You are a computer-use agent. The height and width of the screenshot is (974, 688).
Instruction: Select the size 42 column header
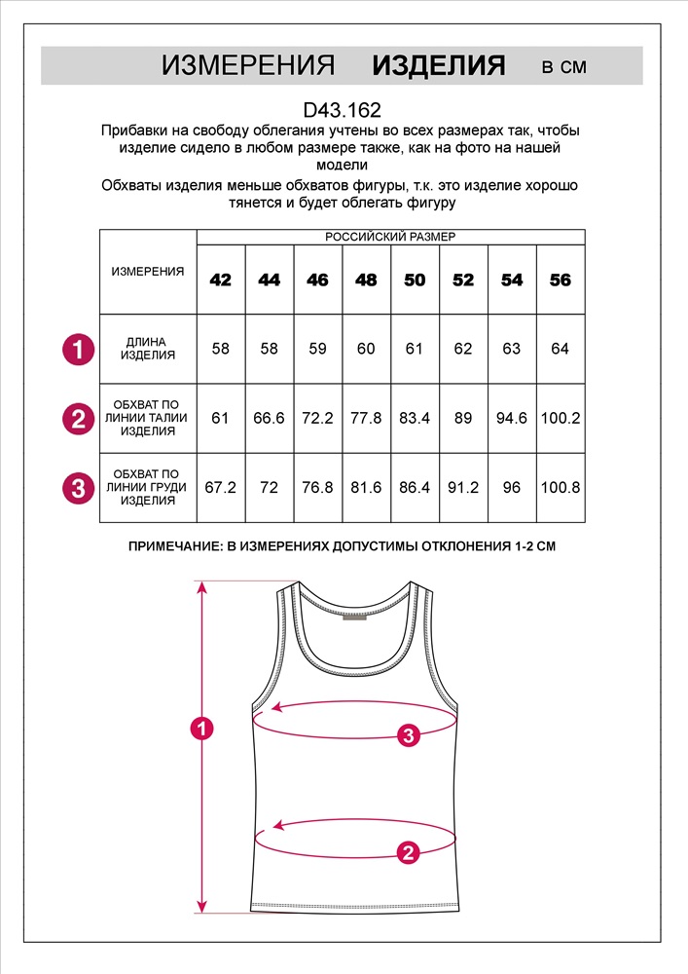221,281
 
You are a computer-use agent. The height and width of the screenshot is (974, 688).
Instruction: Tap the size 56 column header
561,281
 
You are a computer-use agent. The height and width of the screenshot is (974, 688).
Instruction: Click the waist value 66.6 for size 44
270,418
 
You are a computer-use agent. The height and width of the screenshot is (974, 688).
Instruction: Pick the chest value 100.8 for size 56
561,487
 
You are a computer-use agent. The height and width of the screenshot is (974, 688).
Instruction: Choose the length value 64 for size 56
561,349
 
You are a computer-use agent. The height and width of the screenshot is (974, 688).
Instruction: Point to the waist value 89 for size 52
463,418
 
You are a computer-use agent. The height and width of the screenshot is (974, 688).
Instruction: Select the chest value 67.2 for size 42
221,487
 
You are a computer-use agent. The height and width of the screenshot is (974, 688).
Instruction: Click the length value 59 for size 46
317,349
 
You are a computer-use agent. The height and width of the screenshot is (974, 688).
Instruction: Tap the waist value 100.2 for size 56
561,418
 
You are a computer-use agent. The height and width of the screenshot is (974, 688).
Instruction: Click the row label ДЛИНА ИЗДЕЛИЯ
148,349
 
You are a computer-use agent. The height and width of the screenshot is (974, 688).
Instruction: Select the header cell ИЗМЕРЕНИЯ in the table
148,272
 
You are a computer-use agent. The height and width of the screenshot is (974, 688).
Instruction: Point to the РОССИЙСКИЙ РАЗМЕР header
390,237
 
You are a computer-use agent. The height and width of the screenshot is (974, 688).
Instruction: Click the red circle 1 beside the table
78,349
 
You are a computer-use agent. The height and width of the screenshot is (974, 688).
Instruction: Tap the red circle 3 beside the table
78,487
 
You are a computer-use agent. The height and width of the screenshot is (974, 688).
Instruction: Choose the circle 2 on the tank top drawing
409,853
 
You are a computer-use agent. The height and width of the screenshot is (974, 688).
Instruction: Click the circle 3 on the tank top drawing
409,735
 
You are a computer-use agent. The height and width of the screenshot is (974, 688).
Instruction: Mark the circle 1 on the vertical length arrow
201,728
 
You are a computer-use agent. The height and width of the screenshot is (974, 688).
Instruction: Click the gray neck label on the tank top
355,616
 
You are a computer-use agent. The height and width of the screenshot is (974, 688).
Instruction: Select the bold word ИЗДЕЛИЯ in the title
439,66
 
